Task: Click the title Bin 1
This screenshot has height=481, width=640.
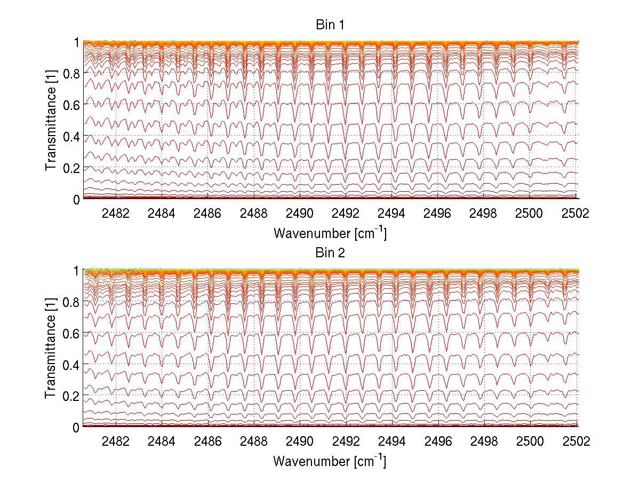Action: [x=330, y=25]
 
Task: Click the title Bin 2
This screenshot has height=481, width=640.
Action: [x=330, y=253]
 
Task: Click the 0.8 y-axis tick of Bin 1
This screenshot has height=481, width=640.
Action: [x=71, y=73]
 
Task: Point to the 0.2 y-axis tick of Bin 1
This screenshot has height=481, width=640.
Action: [x=71, y=168]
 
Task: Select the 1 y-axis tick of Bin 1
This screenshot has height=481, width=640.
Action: [x=77, y=42]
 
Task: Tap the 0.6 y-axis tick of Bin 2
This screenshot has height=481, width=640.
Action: [x=71, y=333]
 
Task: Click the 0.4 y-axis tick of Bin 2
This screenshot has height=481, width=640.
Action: [x=71, y=365]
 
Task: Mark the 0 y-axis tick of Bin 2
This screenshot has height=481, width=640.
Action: [x=77, y=427]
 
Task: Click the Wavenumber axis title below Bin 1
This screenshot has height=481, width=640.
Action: [x=330, y=233]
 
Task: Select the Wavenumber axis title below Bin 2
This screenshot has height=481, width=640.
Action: [x=330, y=461]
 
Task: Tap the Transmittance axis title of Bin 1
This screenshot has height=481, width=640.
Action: [x=51, y=120]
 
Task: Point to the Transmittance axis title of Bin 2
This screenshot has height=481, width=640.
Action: [x=51, y=348]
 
